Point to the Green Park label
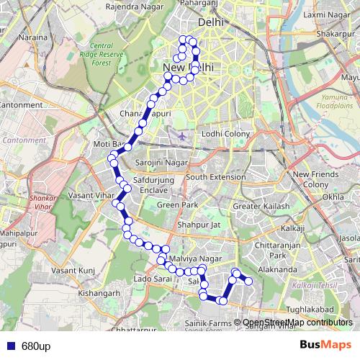178,205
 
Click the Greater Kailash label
261,207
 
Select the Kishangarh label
102,293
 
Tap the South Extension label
216,176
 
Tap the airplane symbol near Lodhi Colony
181,135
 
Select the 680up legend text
36,346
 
